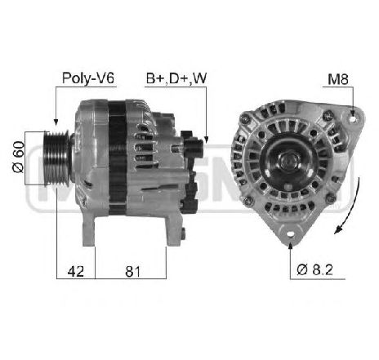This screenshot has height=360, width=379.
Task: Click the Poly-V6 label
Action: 88,78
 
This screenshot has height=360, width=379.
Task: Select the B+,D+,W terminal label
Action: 176,78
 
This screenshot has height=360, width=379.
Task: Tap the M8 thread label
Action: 338,79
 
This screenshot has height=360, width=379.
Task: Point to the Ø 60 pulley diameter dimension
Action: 19,157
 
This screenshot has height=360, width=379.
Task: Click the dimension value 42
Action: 76,271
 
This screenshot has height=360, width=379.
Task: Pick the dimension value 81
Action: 132,271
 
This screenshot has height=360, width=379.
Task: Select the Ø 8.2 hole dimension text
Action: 314,270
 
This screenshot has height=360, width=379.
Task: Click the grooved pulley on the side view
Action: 56,158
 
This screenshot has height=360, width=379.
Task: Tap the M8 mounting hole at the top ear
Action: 353,119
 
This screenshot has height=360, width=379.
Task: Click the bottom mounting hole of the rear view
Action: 291,234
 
